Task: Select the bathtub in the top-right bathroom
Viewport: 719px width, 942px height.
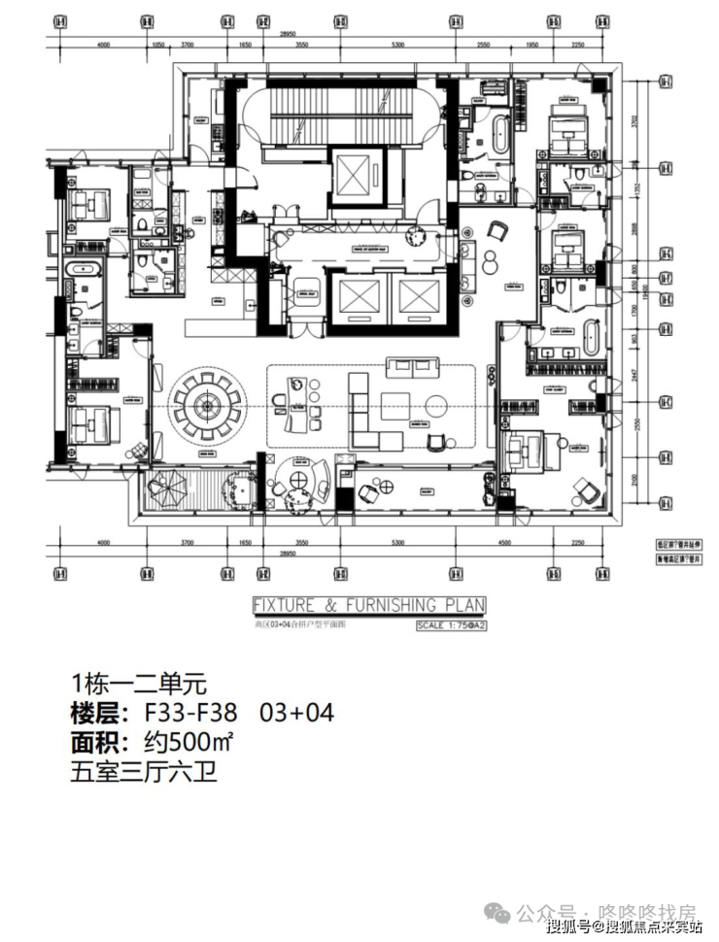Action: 499,133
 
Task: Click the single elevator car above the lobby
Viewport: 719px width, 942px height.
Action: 356,175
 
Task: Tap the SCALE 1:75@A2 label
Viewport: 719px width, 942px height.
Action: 450,626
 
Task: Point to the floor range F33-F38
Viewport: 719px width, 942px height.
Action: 189,713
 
